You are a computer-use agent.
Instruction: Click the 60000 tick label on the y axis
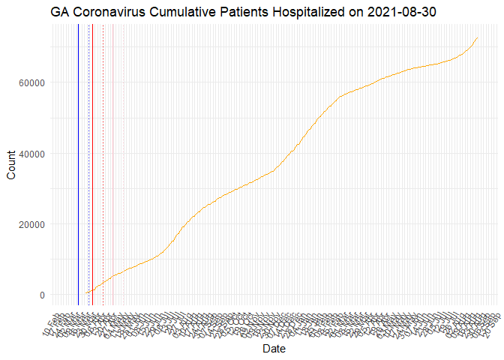tap(30, 82)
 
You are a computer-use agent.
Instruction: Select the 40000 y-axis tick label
tap(30, 154)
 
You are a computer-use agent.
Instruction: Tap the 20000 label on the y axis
tap(30, 224)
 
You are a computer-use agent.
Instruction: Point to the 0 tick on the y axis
tap(41, 295)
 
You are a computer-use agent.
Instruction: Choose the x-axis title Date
tap(274, 349)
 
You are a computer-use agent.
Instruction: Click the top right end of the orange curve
tap(478, 37)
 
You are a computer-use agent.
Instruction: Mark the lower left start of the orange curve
tap(85, 293)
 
